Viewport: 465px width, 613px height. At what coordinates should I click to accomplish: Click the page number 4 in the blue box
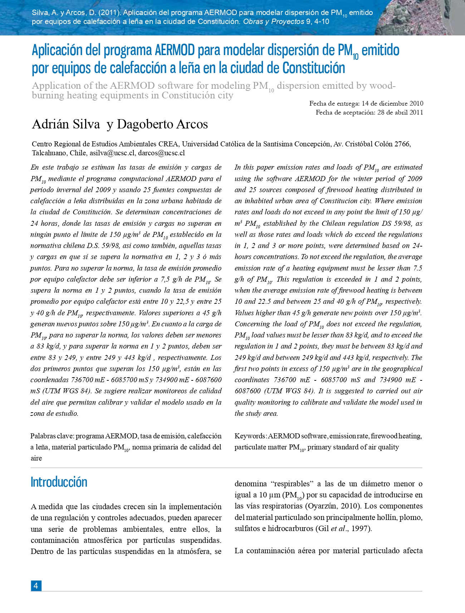(36, 585)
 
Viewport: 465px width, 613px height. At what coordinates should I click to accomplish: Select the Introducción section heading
(59, 482)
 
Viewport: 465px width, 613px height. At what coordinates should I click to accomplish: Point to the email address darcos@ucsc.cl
(161, 153)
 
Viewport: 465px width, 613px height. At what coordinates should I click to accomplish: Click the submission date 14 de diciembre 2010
(392, 103)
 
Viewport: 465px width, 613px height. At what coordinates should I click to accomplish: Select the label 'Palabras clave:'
(52, 436)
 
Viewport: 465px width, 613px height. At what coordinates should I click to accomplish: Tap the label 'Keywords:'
(250, 436)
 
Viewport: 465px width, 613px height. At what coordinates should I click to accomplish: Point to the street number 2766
(402, 144)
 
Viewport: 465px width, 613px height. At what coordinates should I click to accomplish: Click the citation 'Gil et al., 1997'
(344, 529)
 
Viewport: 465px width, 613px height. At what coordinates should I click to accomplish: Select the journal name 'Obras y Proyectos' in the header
(274, 21)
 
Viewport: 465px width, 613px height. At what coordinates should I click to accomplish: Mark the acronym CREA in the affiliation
(168, 144)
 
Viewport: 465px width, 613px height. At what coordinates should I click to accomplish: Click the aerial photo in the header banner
(422, 18)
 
